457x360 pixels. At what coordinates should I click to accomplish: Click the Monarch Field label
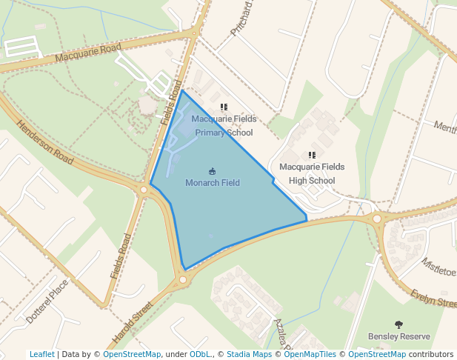212,183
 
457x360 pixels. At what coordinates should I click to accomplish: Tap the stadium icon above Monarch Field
213,171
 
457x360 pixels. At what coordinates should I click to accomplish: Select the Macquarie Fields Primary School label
224,125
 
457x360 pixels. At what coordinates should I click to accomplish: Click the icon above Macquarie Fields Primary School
224,107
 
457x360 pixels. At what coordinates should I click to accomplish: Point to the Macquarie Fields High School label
312,173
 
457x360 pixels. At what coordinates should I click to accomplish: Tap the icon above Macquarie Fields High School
312,156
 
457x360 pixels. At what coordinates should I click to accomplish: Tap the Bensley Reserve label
398,336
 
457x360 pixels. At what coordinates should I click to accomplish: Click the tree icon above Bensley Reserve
398,324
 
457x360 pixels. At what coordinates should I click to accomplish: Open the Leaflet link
41,355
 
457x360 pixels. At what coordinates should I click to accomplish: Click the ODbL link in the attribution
199,355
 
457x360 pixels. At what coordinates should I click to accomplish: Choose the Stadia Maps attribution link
249,355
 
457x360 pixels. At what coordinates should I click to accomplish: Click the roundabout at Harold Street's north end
183,280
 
